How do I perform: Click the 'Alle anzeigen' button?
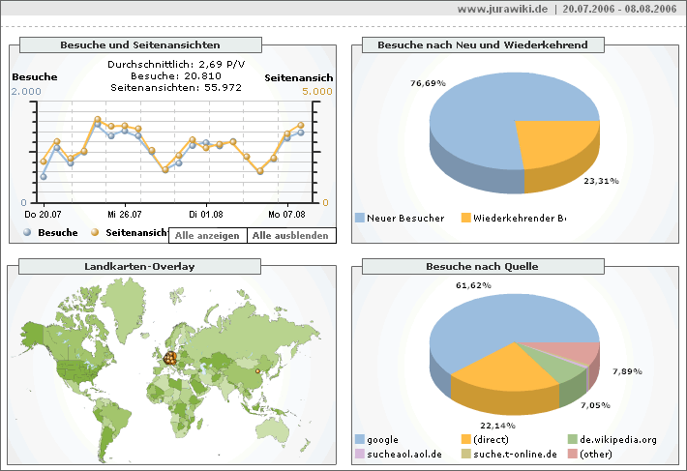pyautogui.click(x=207, y=236)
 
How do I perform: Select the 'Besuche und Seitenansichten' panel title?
pyautogui.click(x=140, y=44)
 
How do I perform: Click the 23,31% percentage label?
pyautogui.click(x=601, y=180)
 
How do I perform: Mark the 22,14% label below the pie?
pyautogui.click(x=497, y=426)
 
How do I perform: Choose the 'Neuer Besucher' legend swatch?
pyautogui.click(x=360, y=218)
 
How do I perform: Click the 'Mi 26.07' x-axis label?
pyautogui.click(x=125, y=214)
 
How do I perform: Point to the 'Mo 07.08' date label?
pyautogui.click(x=287, y=214)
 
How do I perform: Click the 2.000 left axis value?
pyautogui.click(x=26, y=92)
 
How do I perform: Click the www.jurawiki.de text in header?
pyautogui.click(x=502, y=9)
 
